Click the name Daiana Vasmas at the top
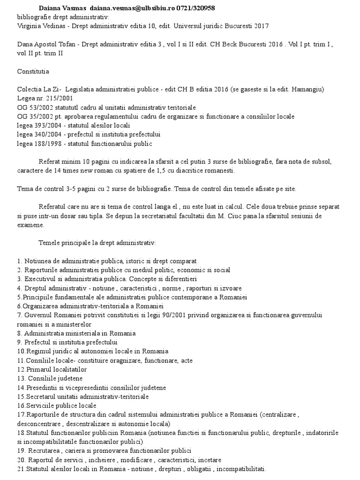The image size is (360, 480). [x=61, y=9]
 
